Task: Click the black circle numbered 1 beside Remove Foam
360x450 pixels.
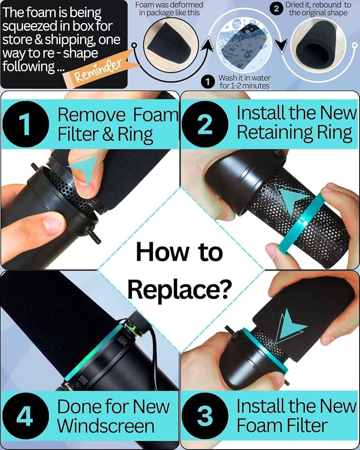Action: coord(26,124)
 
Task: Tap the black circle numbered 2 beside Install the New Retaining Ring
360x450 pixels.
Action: coord(205,124)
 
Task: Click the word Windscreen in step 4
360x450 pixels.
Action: coord(106,426)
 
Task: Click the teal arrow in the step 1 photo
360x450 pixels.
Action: coord(85,168)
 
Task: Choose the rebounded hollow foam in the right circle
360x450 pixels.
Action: coord(317,46)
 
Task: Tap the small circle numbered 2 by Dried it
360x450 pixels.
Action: coord(276,9)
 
